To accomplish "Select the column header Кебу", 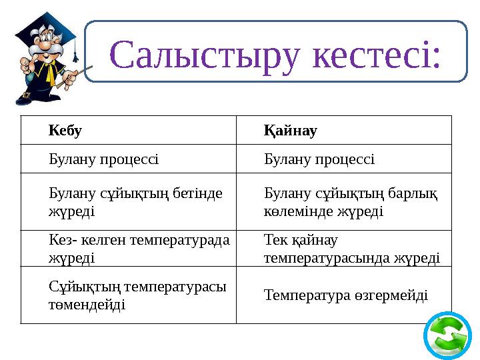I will pos(65,130).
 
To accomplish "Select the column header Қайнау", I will pos(290,130).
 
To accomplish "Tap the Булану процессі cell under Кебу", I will pos(103,159).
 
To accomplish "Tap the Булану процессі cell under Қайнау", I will pos(319,159).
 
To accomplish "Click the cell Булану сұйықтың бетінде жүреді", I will pos(127,202).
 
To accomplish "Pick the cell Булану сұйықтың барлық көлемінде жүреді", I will pos(350,202).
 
